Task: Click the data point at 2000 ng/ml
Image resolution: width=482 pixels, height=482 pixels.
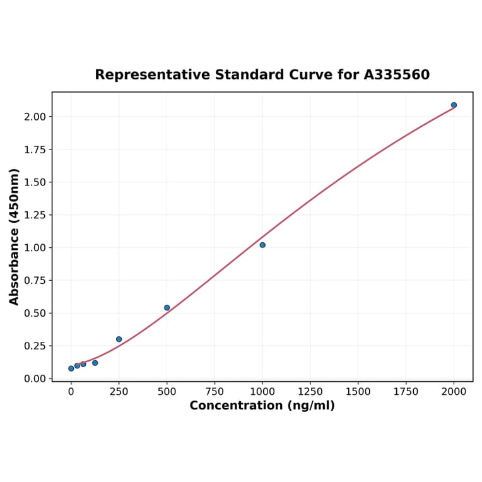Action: point(454,105)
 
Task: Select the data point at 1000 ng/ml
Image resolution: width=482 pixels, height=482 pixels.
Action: point(262,245)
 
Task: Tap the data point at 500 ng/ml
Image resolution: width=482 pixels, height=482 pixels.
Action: point(167,308)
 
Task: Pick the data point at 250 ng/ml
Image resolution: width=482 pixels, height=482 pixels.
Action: point(119,339)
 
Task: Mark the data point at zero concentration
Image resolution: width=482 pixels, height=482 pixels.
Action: point(71,368)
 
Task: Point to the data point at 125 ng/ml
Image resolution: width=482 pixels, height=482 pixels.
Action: point(95,363)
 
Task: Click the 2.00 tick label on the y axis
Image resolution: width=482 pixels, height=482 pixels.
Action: point(35,117)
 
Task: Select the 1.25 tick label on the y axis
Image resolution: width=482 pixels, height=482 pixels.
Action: point(35,215)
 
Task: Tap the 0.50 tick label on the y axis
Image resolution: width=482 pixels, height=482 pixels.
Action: point(35,313)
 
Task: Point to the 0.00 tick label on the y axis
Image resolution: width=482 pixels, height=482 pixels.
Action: point(35,379)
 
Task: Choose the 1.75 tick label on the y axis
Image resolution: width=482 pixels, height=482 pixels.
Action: point(35,150)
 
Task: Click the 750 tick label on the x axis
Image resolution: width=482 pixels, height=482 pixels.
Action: point(215,392)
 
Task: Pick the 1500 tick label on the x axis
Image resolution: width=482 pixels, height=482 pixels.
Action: point(358,392)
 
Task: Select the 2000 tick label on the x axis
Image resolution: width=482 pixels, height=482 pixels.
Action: point(454,392)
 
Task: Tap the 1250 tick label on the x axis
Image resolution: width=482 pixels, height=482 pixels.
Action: point(310,392)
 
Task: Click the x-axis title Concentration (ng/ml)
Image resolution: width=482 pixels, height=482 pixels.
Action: point(262,406)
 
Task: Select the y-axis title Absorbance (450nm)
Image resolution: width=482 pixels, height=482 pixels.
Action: point(15,237)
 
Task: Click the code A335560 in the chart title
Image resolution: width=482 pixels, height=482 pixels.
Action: point(397,75)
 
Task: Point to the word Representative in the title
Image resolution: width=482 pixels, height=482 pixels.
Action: point(153,75)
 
